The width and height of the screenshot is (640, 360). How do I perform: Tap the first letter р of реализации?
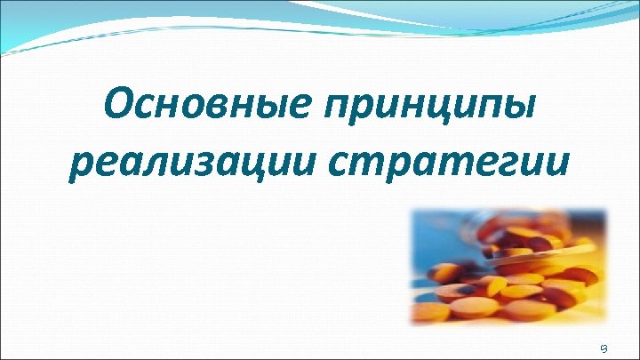pyautogui.click(x=80, y=169)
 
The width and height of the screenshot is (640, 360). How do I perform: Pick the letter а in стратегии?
pyautogui.click(x=423, y=167)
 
